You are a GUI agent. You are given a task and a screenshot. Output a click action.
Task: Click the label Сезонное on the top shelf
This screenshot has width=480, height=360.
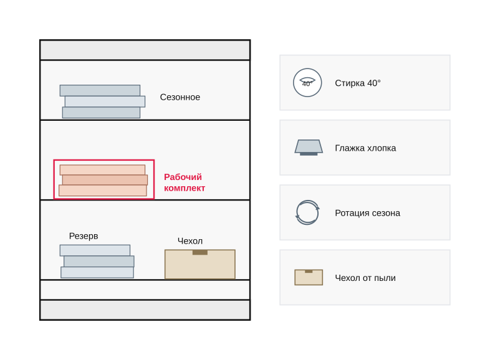pyautogui.click(x=180, y=97)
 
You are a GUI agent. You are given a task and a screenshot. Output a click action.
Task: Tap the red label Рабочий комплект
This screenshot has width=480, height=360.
pyautogui.click(x=185, y=182)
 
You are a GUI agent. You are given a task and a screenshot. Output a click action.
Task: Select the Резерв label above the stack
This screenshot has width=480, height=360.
pyautogui.click(x=84, y=236)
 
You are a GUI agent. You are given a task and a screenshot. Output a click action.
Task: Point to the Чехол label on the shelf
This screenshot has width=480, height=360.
pyautogui.click(x=190, y=241)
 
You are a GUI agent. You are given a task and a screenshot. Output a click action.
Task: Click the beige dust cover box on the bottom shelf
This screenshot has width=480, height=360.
pyautogui.click(x=200, y=264)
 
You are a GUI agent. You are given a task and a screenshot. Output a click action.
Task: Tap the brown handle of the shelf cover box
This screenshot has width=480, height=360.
pyautogui.click(x=200, y=252)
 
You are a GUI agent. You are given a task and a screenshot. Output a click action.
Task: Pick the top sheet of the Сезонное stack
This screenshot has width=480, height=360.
pyautogui.click(x=100, y=90)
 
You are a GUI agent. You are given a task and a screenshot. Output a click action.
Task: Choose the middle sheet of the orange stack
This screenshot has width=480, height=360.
pyautogui.click(x=105, y=180)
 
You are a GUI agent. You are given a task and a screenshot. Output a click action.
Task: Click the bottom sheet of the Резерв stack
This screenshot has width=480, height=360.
pyautogui.click(x=97, y=273)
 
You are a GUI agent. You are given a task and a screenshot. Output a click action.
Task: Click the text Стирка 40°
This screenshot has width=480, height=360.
pyautogui.click(x=358, y=83)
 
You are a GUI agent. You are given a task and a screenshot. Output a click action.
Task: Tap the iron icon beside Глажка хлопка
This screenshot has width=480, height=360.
pyautogui.click(x=309, y=148)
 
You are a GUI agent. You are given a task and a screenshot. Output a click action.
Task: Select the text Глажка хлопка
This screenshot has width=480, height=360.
pyautogui.click(x=365, y=148)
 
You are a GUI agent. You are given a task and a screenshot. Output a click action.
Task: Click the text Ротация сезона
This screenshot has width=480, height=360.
pyautogui.click(x=367, y=213)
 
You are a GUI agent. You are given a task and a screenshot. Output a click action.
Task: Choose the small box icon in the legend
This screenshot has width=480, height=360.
pyautogui.click(x=309, y=277)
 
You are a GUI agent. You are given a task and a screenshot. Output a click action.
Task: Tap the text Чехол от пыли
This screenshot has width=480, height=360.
pyautogui.click(x=365, y=278)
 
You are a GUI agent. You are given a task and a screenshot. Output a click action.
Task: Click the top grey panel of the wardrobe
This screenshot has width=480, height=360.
pyautogui.click(x=145, y=50)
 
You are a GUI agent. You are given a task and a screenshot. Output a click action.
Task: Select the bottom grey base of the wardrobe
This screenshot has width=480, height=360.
pyautogui.click(x=145, y=310)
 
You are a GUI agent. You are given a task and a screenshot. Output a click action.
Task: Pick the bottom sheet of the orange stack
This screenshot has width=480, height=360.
pyautogui.click(x=103, y=191)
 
